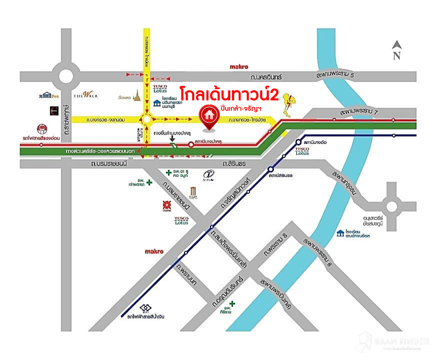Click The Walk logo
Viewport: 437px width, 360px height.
point(81,95)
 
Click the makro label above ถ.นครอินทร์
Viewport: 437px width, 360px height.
point(239,66)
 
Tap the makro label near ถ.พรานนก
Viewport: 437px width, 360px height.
point(153,251)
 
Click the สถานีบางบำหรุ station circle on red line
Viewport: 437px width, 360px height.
point(190,145)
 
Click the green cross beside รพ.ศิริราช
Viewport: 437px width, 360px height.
point(231,303)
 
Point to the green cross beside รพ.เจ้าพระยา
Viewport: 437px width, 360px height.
point(149,182)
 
